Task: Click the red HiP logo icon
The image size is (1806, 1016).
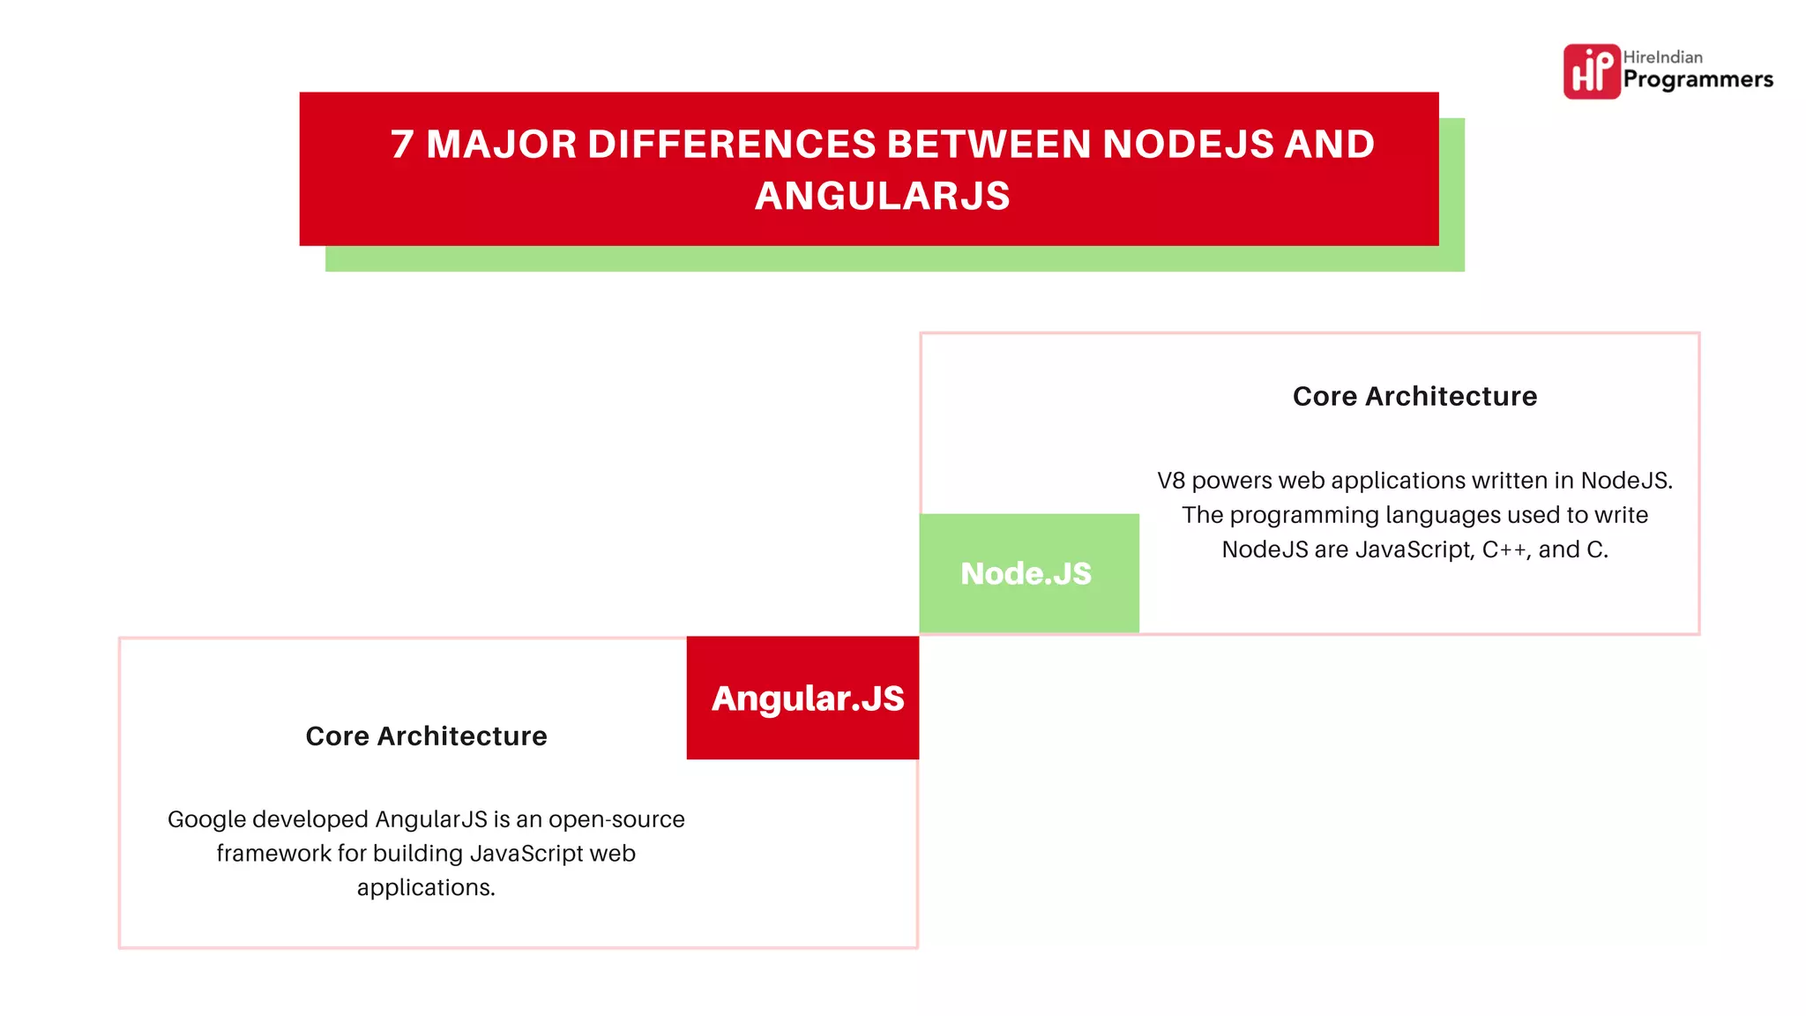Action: pos(1591,71)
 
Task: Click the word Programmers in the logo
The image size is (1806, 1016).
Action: pos(1698,80)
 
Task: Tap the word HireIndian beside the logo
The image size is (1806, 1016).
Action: pos(1662,57)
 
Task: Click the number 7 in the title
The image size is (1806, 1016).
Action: pos(402,145)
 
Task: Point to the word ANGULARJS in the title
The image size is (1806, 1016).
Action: pos(882,197)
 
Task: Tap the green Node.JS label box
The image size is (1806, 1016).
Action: pos(1028,573)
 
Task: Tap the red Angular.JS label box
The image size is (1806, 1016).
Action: pos(803,698)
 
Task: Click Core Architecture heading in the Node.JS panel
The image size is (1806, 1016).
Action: pos(1414,397)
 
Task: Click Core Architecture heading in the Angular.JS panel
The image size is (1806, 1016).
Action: pos(426,736)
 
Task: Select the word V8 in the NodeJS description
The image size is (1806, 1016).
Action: pos(1170,481)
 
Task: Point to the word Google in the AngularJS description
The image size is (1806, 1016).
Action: pos(206,820)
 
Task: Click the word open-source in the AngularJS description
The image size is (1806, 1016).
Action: pos(616,820)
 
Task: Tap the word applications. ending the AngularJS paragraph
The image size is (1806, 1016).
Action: pos(426,888)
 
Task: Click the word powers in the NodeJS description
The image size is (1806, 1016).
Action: pos(1232,482)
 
